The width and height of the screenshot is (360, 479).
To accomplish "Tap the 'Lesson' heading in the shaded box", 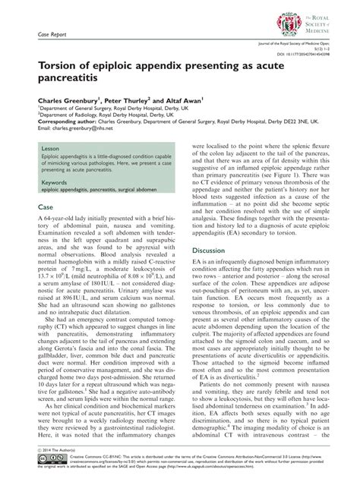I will (50, 150).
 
